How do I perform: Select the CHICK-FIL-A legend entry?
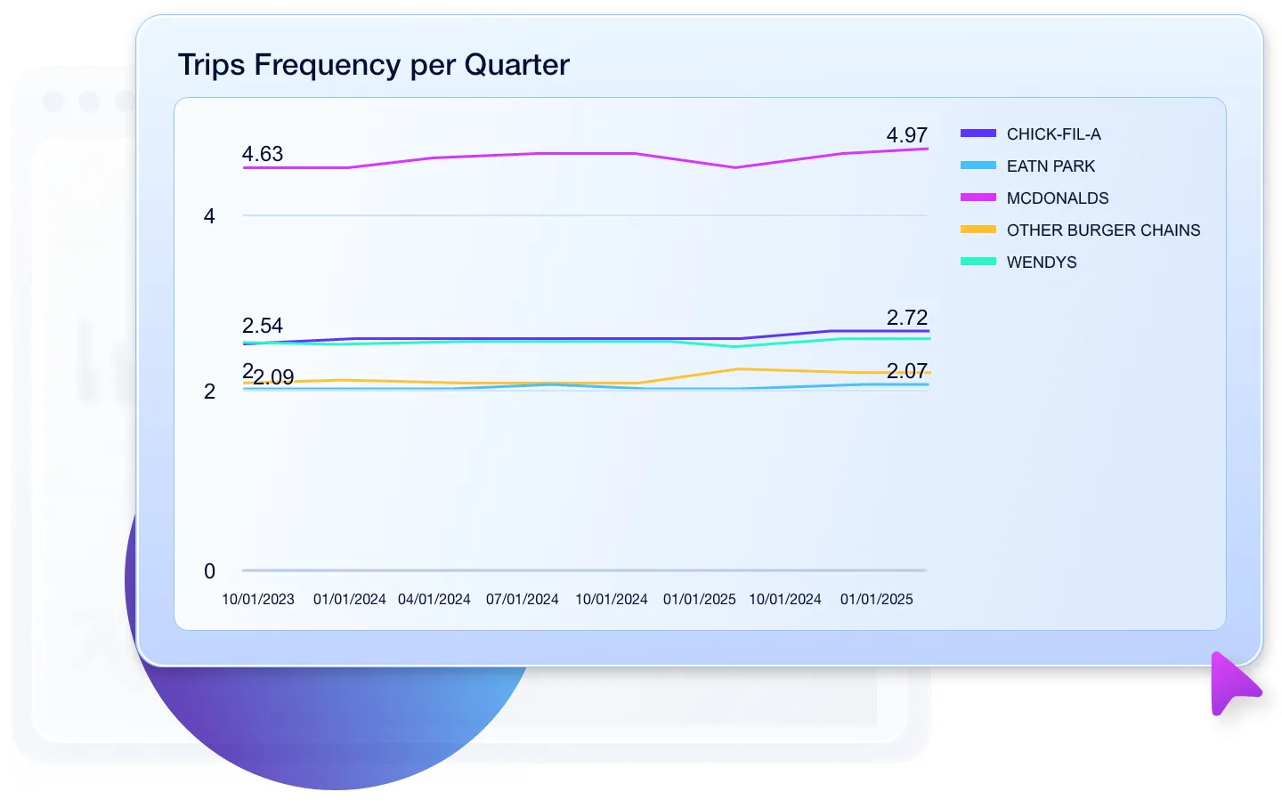point(1053,134)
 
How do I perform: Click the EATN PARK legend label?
point(1051,166)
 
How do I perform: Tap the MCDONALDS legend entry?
point(1057,198)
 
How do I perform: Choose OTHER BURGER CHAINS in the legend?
point(1103,230)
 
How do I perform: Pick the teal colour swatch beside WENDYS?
point(978,262)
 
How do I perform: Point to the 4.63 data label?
point(263,154)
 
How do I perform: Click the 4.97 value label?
point(906,135)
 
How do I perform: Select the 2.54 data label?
point(263,326)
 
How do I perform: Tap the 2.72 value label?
point(906,318)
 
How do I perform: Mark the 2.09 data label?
point(274,377)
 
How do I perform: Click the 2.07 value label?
point(906,371)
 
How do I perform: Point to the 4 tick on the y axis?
point(209,216)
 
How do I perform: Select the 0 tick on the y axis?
point(209,571)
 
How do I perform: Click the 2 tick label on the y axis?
point(209,392)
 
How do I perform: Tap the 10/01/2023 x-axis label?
point(258,600)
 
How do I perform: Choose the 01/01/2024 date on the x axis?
point(349,600)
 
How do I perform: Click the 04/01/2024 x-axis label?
point(434,600)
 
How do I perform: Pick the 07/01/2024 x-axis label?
point(523,600)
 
